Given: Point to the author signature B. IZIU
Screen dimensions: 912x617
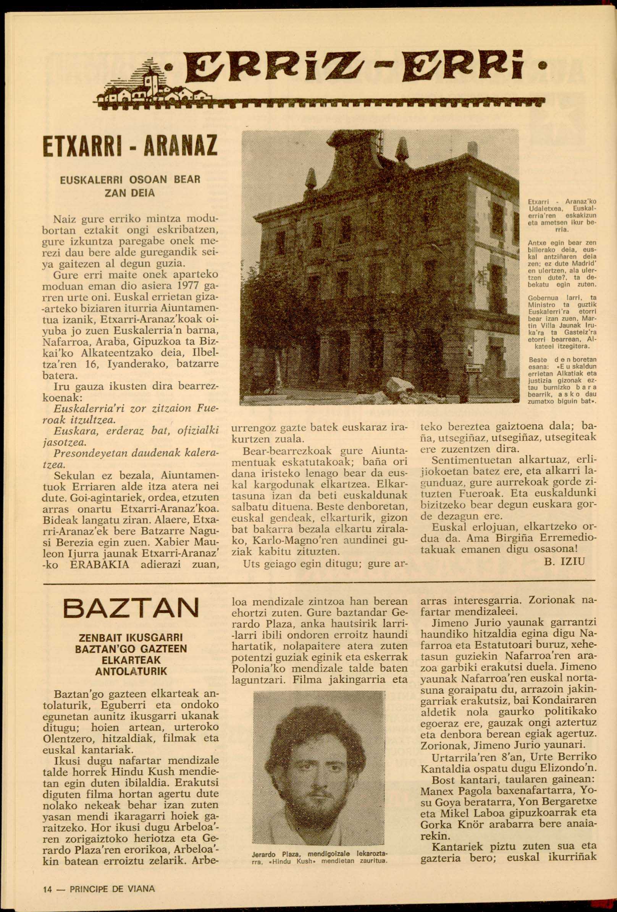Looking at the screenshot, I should [x=564, y=562].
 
